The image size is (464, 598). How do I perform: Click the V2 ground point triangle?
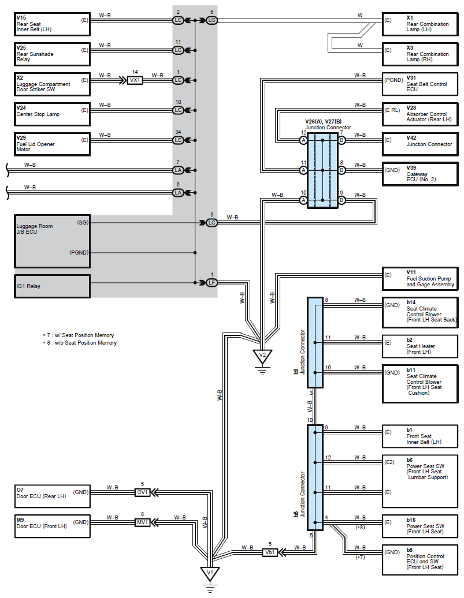[x=262, y=356]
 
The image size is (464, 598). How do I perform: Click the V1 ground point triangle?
[x=210, y=573]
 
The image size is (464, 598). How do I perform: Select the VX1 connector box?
[x=135, y=80]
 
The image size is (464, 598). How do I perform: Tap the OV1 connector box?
[x=142, y=492]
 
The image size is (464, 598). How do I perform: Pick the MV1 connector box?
[x=142, y=522]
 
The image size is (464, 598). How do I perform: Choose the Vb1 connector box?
[x=270, y=552]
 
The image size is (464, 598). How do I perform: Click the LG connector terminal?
[x=211, y=20]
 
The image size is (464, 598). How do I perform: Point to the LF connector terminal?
[x=211, y=283]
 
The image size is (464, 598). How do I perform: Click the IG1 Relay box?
[x=53, y=286]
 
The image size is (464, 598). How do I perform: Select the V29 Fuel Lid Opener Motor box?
[x=53, y=144]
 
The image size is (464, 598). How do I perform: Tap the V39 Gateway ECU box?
[x=420, y=174]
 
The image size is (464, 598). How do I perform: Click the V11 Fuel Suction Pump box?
[x=420, y=279]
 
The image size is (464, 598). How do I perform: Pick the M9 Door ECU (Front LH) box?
[x=53, y=526]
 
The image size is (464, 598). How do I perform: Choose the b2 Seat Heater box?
[x=420, y=346]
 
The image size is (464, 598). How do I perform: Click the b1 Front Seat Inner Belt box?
[x=420, y=436]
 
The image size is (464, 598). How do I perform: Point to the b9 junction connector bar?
[x=315, y=342]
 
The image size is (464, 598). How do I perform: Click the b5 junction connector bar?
[x=315, y=477]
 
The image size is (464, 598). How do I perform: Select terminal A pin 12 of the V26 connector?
[x=303, y=140]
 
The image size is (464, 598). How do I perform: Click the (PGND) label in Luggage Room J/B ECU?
[x=79, y=252]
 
